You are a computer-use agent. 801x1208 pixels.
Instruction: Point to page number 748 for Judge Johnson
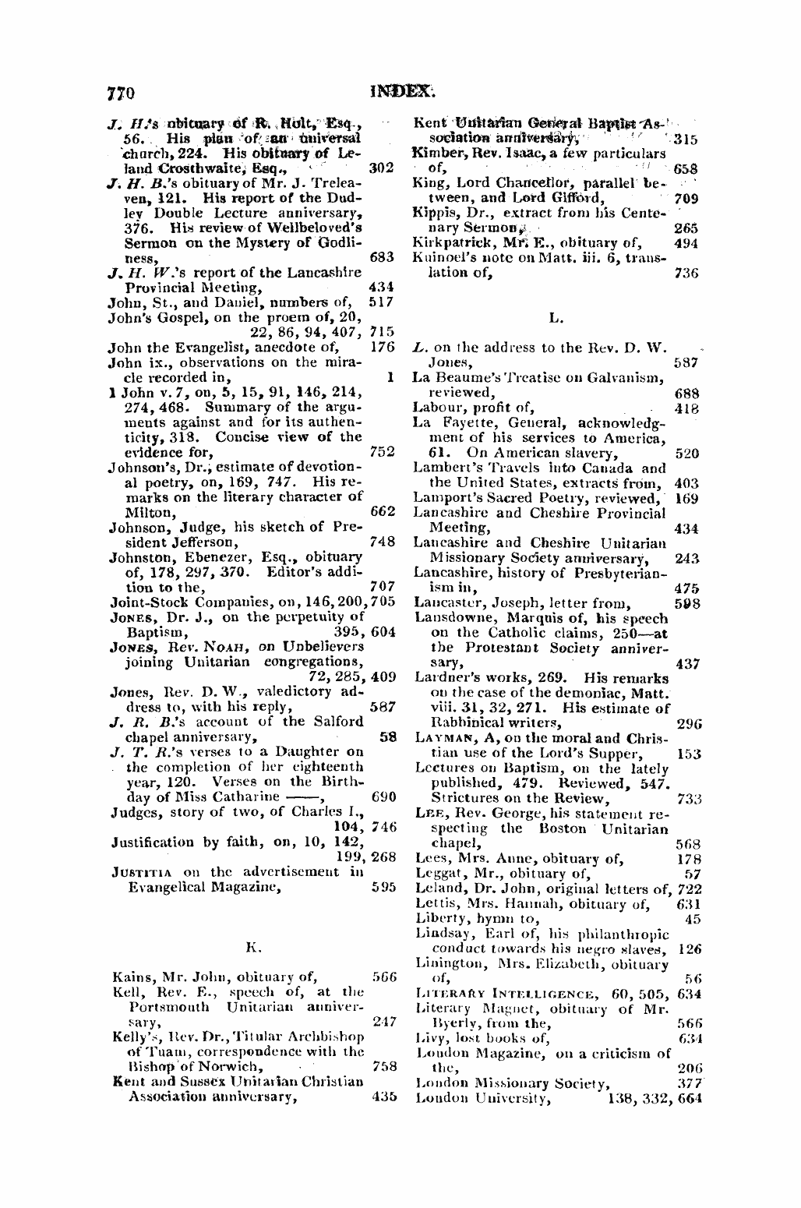(x=383, y=542)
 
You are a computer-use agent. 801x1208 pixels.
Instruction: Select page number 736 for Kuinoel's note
(x=685, y=274)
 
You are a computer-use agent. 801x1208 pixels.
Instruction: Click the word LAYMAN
(x=443, y=738)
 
